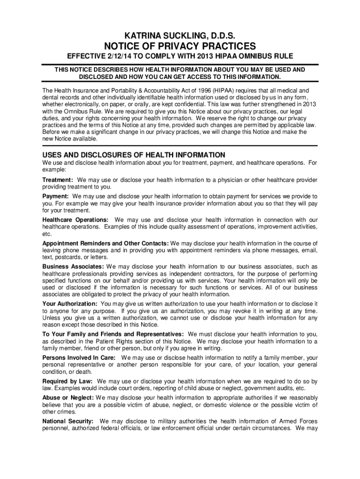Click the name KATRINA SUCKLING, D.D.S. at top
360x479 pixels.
pos(180,36)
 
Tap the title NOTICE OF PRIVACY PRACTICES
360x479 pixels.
pos(180,46)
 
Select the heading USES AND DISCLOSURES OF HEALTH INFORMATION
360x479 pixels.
pos(134,155)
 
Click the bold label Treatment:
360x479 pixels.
pos(58,180)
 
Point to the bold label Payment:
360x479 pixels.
pos(56,196)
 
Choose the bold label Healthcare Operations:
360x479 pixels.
pos(75,220)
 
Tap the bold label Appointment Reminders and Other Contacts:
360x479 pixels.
pos(106,244)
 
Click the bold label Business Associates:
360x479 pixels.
pos(73,267)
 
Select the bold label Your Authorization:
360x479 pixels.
pos(70,304)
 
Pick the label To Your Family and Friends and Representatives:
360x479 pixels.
pos(113,334)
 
